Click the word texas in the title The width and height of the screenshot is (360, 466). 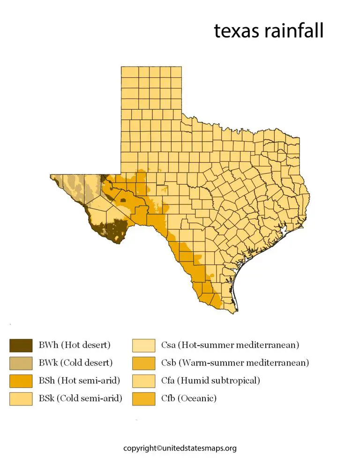(237, 31)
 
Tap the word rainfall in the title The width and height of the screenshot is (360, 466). (293, 31)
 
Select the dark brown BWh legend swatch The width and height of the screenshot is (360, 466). (21, 346)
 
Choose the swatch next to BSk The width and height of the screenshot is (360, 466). (21, 399)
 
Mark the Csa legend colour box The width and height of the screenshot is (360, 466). (143, 346)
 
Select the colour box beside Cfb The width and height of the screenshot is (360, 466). (143, 399)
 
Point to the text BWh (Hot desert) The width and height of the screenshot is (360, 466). (75, 346)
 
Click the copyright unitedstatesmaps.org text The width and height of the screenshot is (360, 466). (180, 449)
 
